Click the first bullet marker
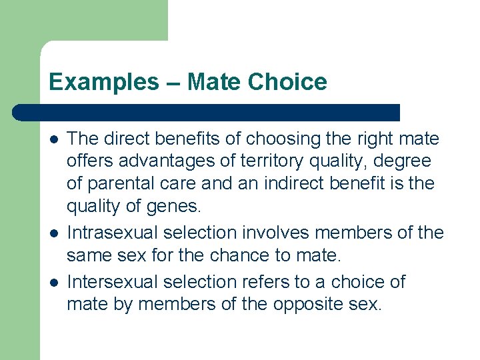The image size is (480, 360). point(53,139)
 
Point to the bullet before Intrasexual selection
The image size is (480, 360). point(53,233)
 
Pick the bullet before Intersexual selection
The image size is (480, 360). point(53,282)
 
